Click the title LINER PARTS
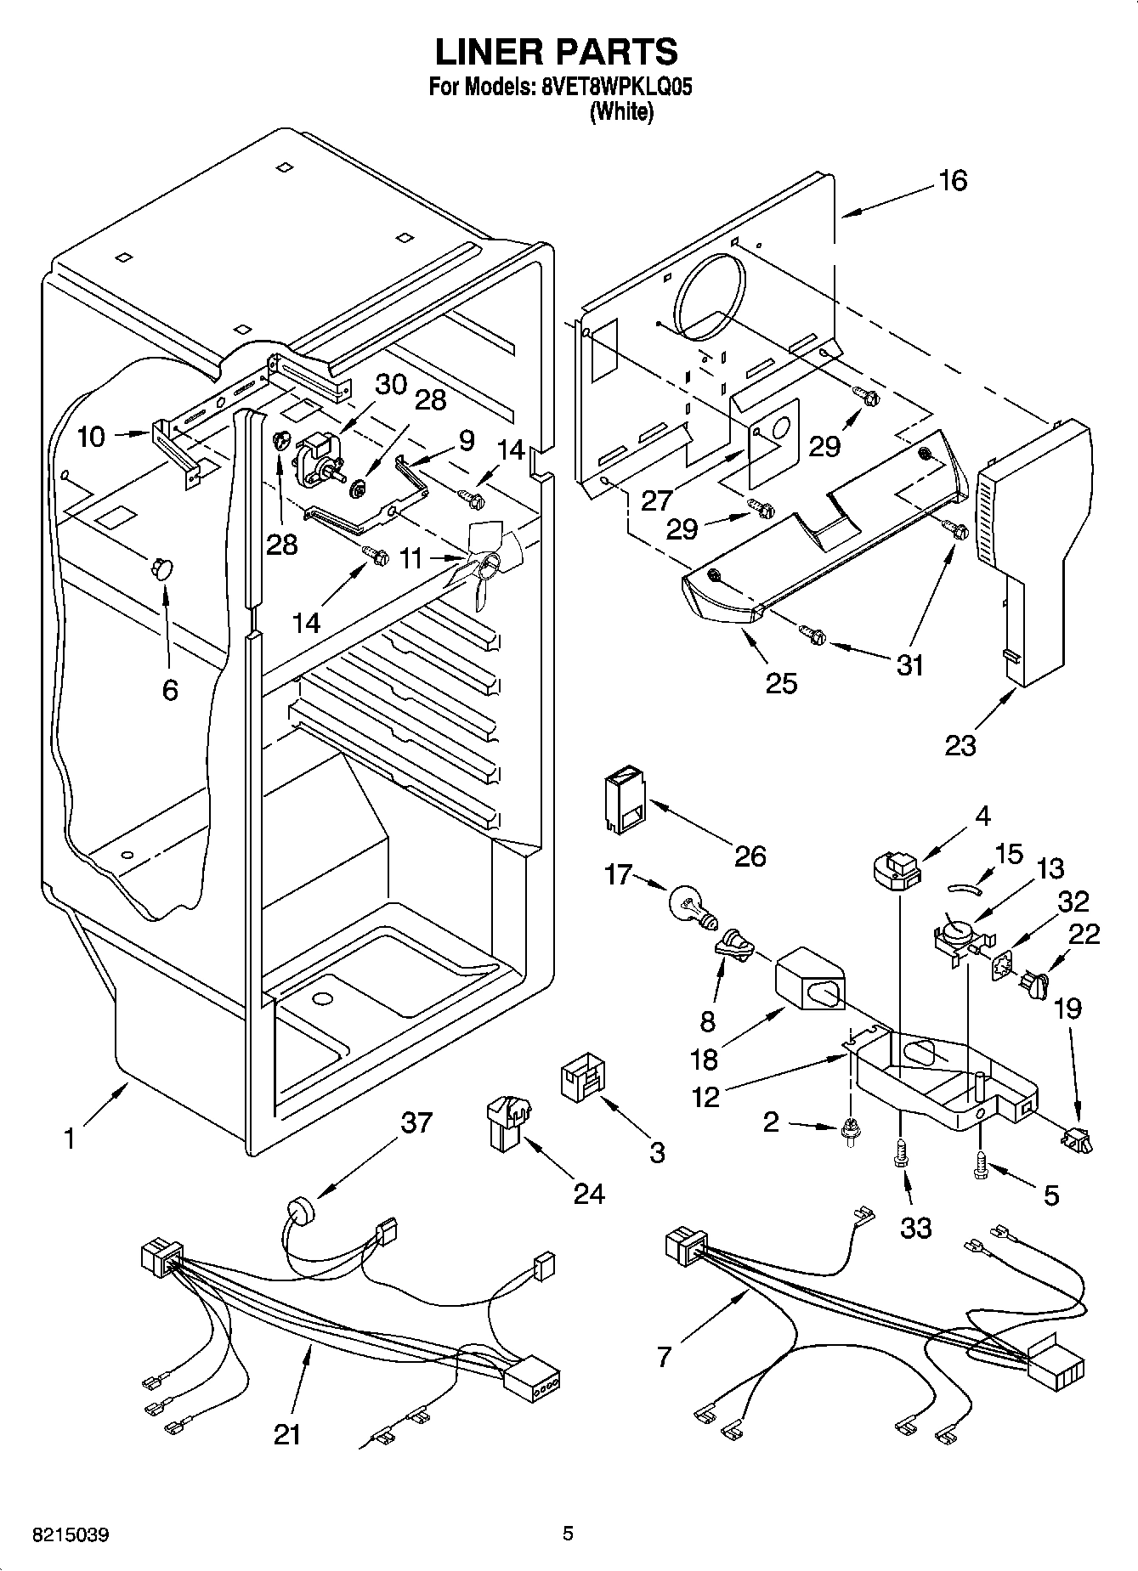pyautogui.click(x=557, y=52)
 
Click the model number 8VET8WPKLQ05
pyautogui.click(x=610, y=87)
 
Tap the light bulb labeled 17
pyautogui.click(x=694, y=904)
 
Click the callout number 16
pyautogui.click(x=954, y=181)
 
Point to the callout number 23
pyautogui.click(x=960, y=745)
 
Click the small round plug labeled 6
pyautogui.click(x=160, y=568)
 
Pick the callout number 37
pyautogui.click(x=416, y=1122)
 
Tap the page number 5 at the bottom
pyautogui.click(x=568, y=1534)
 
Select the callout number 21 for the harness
pyautogui.click(x=287, y=1434)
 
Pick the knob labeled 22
pyautogui.click(x=1035, y=985)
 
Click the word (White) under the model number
pyautogui.click(x=621, y=111)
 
